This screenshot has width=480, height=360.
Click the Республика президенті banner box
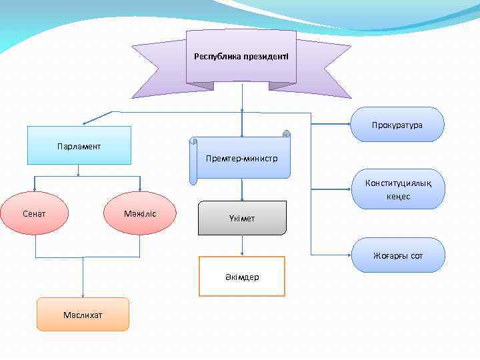tap(241, 57)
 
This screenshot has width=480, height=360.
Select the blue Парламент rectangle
tap(79, 145)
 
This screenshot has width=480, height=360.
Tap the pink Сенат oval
tap(35, 213)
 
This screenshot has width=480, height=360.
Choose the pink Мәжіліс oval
tap(140, 213)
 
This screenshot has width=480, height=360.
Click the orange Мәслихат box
tap(83, 315)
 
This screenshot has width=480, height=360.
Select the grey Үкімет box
tap(242, 218)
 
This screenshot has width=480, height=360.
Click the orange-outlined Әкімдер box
tap(241, 276)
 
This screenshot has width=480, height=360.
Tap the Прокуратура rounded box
tap(397, 125)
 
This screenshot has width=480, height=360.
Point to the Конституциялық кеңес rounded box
tap(397, 189)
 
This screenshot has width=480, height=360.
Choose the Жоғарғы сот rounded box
tap(398, 255)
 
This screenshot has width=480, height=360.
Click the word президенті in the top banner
tap(265, 56)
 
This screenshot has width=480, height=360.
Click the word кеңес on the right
tap(397, 197)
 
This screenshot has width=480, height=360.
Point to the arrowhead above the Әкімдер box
tap(241, 253)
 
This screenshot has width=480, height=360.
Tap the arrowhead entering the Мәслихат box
tap(83, 294)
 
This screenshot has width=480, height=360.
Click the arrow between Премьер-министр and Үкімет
tap(241, 190)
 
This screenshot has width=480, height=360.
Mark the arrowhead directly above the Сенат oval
tap(35, 189)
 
